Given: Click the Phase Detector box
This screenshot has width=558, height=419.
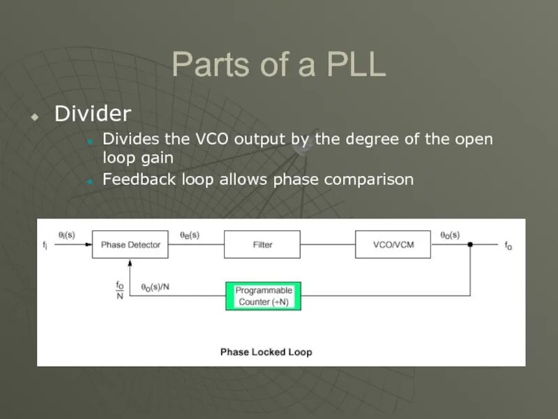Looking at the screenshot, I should [x=130, y=244].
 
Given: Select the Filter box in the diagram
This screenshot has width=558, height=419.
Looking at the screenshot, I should [x=262, y=244].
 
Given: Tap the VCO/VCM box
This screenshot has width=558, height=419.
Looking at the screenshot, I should [x=393, y=244].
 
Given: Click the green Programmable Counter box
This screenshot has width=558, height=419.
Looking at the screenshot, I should [x=264, y=296].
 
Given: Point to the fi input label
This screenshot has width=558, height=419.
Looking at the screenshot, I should [x=45, y=245].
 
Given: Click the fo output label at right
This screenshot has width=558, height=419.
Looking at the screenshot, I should [x=508, y=246].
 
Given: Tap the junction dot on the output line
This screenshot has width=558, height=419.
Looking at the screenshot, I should [x=471, y=244].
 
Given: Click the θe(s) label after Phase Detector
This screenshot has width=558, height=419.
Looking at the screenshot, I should [x=190, y=235].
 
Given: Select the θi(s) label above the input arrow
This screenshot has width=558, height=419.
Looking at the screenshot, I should [x=67, y=235].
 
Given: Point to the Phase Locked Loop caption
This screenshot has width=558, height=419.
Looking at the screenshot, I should [x=266, y=352].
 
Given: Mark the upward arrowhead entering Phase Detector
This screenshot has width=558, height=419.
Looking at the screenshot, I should [x=130, y=263].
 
